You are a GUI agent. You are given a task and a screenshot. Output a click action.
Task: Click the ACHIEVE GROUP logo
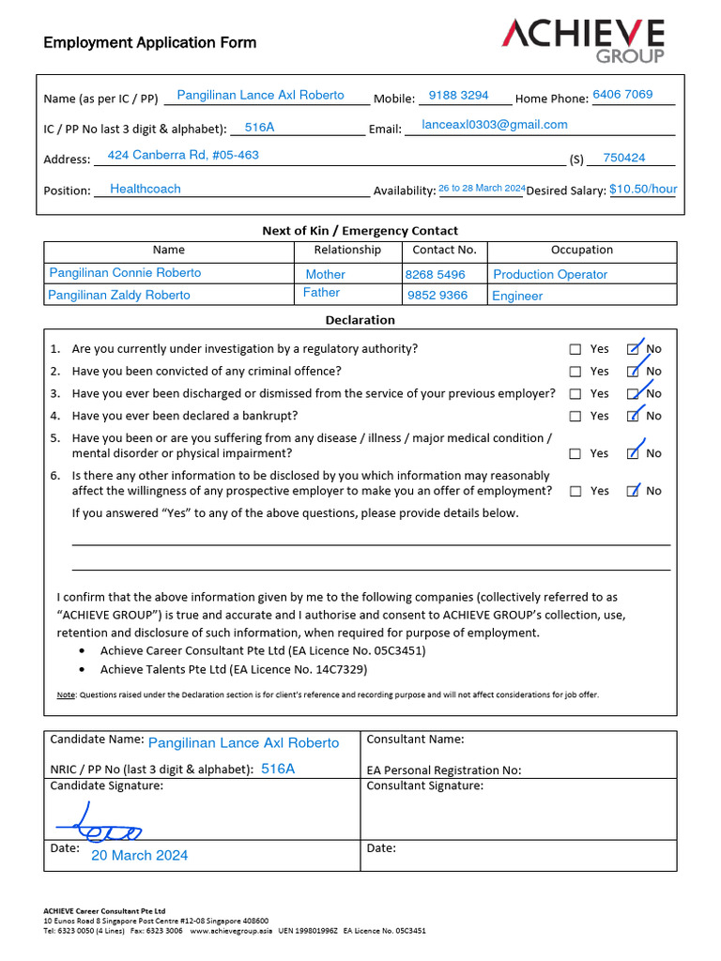pos(583,40)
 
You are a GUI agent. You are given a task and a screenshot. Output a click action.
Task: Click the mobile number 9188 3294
pos(458,96)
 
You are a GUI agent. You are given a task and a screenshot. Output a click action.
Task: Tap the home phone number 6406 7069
pos(622,95)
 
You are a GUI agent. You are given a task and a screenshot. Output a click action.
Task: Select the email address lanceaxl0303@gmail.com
pos(495,125)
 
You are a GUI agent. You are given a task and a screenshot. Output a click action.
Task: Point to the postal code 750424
pos(624,159)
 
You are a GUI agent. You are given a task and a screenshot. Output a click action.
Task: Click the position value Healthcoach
pos(146,189)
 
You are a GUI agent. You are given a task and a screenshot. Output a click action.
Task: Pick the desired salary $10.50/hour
pos(643,190)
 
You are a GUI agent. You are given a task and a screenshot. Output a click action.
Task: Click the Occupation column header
pos(582,251)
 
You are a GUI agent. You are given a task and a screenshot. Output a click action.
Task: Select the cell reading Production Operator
pos(550,275)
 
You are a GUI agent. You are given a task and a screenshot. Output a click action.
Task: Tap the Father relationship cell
pos(322,293)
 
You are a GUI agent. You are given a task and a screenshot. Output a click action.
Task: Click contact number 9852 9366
pos(437,296)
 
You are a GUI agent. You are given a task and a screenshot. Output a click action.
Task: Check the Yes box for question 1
pos(575,349)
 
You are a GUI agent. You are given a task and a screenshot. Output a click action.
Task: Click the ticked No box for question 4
pos(634,416)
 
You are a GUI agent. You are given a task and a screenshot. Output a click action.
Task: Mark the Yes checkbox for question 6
pos(575,491)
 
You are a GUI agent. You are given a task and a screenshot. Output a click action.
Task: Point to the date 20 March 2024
pos(139,855)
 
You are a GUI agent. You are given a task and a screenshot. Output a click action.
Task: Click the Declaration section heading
pos(360,320)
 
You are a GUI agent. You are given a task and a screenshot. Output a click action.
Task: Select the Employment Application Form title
pos(149,42)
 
